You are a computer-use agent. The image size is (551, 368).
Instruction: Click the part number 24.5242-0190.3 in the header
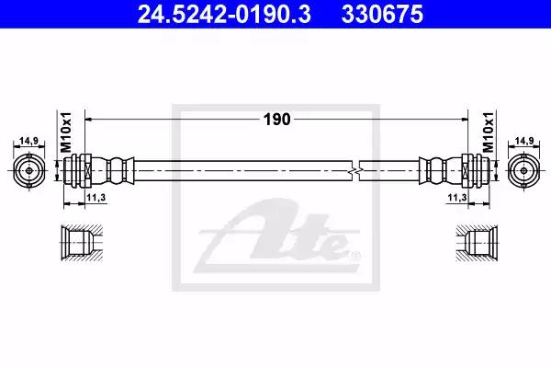pos(224,14)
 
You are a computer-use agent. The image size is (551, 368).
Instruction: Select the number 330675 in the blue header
pos(382,14)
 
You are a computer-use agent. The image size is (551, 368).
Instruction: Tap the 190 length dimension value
pos(277,120)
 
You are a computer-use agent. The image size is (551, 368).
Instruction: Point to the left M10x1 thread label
pos(66,132)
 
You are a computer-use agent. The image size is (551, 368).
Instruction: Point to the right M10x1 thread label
pos(489,132)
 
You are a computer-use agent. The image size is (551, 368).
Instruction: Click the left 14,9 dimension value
pos(28,141)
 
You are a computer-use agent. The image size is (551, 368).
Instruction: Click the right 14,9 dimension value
pos(524,141)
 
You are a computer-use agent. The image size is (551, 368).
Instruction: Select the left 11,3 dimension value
pos(96,198)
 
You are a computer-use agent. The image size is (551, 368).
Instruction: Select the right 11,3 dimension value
pos(457,198)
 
